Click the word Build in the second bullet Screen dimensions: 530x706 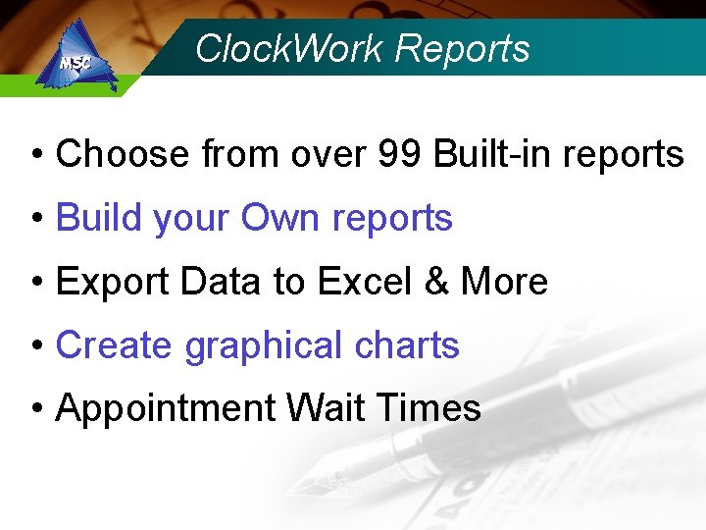(97, 218)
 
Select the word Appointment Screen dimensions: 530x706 (167, 409)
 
